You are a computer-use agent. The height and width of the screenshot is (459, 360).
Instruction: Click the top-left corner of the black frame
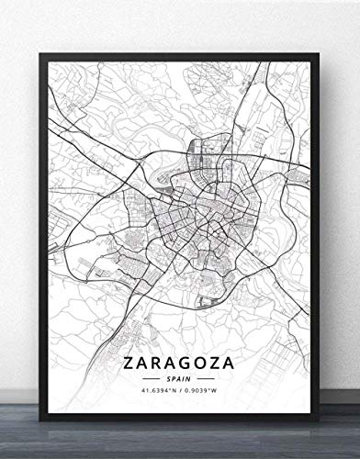(x=41, y=51)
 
